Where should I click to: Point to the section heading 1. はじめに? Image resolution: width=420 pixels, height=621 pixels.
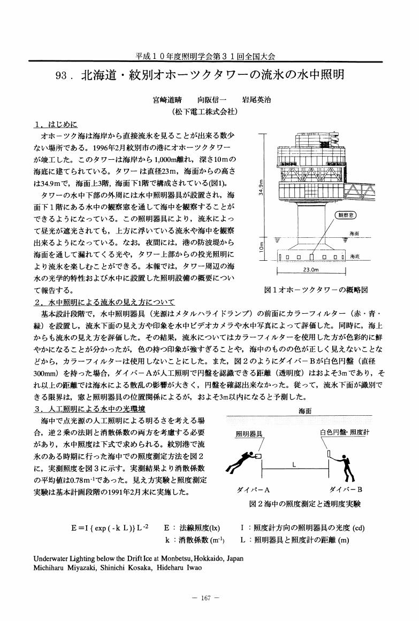[x=55, y=125]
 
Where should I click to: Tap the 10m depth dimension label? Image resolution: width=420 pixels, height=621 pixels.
[x=261, y=248]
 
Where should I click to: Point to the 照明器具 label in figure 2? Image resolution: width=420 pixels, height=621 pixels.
[x=249, y=434]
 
